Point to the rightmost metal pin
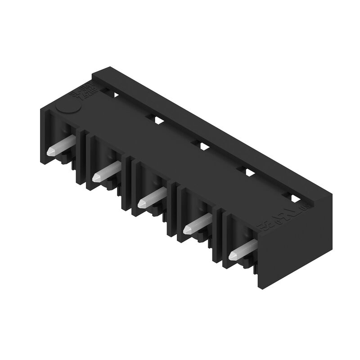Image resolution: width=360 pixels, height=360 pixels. coord(243,250)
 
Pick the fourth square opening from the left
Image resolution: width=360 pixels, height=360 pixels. coord(248,171)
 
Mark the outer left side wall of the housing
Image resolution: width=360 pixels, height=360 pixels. coord(42,130)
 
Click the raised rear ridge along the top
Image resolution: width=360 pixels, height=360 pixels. coord(211,135)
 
